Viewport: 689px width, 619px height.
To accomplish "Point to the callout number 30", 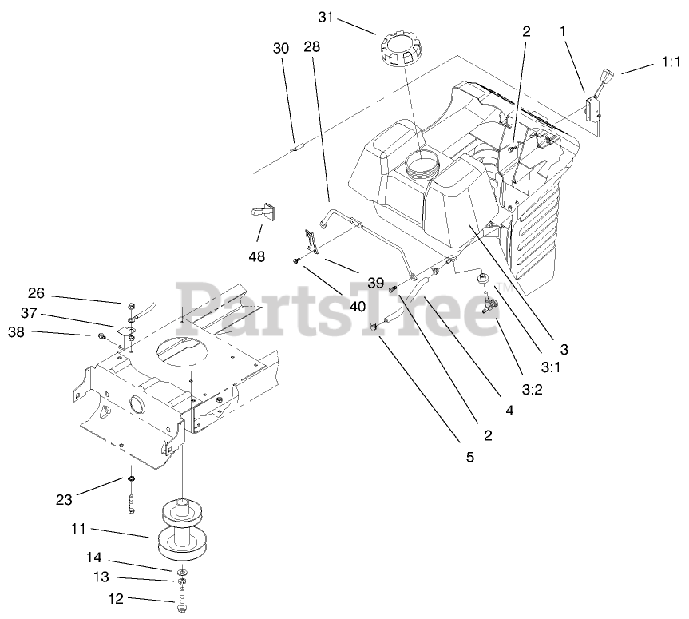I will click(x=280, y=48).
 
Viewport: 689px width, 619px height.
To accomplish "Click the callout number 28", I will click(x=311, y=48).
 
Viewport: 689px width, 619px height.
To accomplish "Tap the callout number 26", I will click(x=38, y=293).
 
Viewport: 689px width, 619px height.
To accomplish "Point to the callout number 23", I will click(x=64, y=500).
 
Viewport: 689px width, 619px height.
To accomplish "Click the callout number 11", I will click(x=77, y=529).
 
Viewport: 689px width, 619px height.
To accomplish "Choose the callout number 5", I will click(x=469, y=457).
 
